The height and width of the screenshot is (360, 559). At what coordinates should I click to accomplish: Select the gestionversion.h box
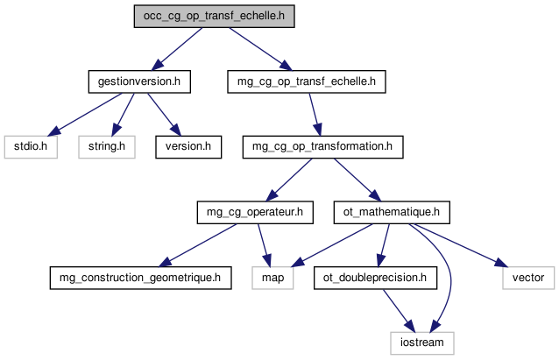coord(140,81)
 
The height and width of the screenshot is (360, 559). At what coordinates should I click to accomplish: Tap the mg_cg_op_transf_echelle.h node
coord(307,81)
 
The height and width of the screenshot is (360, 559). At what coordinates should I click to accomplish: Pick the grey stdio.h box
coord(30,146)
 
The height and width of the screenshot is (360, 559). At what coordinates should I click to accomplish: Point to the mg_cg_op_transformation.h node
coord(322,146)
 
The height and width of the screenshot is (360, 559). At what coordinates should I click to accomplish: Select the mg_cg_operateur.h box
coord(253,211)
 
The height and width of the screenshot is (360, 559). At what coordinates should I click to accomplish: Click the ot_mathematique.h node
coord(392,211)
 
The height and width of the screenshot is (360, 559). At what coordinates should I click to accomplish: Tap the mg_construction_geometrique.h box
coord(140,278)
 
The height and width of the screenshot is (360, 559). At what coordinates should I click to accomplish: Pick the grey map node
coord(272,278)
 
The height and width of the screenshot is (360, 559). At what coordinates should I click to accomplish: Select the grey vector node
coord(528,278)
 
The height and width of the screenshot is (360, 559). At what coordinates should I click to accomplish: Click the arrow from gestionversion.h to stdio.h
coord(84,114)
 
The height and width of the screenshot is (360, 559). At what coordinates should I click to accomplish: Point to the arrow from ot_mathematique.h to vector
coord(460,244)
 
